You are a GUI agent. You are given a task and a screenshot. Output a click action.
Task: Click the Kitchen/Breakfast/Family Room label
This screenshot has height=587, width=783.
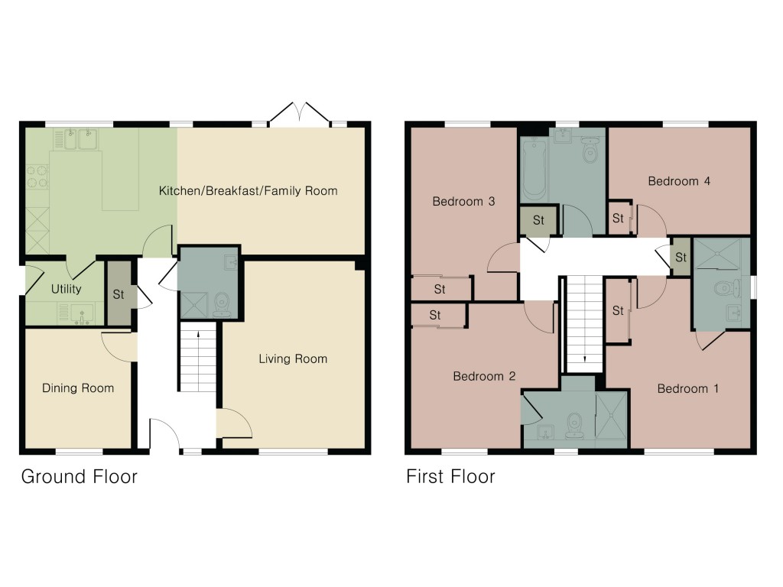pos(248,190)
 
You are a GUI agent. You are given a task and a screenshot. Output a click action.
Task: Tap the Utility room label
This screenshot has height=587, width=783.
pos(66,290)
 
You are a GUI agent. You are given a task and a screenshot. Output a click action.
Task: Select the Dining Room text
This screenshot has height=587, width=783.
pos(77,388)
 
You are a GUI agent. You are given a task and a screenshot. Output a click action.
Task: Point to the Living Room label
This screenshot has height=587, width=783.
pos(292,358)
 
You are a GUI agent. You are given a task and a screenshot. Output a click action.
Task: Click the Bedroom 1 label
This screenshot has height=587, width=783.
pos(687,388)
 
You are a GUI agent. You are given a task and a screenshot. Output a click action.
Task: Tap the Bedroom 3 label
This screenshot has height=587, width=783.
pos(463,202)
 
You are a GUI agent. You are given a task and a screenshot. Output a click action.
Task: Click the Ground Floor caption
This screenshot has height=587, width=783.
pos(79,477)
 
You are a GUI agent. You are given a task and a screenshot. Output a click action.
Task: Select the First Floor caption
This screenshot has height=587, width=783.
pos(450,477)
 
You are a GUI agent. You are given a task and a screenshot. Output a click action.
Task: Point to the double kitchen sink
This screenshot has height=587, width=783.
pos(76,139)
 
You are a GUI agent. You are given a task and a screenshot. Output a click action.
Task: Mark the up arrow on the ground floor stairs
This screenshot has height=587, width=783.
pos(199,334)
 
